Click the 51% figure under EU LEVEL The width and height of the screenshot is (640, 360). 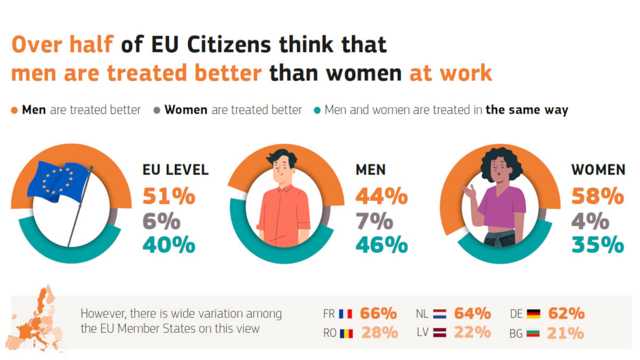click(169, 196)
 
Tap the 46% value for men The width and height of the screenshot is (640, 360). click(381, 245)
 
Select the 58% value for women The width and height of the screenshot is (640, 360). click(597, 196)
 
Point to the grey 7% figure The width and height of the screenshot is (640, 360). click(374, 221)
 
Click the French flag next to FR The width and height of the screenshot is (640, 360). click(345, 314)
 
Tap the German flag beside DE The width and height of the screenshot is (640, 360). click(533, 314)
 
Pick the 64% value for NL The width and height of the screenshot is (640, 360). click(472, 313)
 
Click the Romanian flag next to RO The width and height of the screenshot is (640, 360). click(345, 334)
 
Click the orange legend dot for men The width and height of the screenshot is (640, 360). click(14, 110)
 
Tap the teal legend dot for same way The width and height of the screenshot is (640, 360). click(317, 110)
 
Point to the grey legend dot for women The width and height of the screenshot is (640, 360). click(157, 110)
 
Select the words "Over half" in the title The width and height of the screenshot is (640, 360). click(62, 45)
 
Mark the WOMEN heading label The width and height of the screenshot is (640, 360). click(598, 170)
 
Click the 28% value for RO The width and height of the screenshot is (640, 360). click(379, 333)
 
